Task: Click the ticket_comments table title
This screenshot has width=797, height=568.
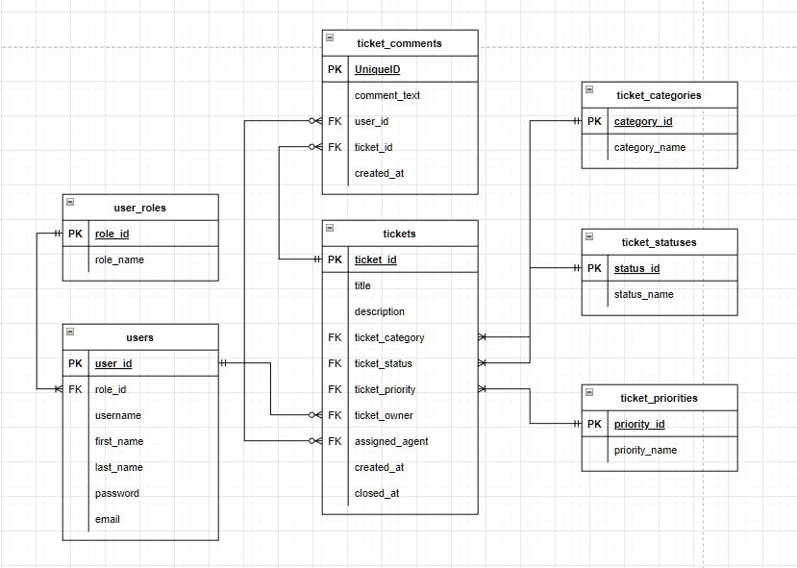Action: [x=399, y=43]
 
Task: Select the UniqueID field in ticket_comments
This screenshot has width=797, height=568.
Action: [x=377, y=69]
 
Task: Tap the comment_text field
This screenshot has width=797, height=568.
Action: [x=386, y=95]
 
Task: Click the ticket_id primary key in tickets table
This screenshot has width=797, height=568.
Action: [x=375, y=259]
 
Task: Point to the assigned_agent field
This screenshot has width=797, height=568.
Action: [x=390, y=441]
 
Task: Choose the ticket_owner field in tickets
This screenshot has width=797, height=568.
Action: [x=384, y=415]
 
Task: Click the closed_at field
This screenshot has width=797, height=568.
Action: [x=377, y=493]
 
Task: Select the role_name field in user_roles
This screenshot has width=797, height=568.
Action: [x=119, y=259]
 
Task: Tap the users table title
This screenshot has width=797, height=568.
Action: [x=139, y=337]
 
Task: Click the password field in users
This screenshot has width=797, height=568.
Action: [x=117, y=493]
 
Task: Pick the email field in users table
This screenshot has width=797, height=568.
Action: [x=108, y=519]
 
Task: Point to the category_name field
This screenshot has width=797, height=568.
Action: [x=650, y=147]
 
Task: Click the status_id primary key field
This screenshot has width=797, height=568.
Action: [x=636, y=268]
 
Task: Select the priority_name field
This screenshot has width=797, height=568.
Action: [x=645, y=450]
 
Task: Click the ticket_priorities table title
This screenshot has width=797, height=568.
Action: [x=659, y=398]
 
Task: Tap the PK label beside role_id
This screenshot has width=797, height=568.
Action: [x=75, y=234]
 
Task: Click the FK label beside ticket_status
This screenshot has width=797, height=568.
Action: [x=335, y=363]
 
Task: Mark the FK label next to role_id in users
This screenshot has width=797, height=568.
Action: [x=75, y=389]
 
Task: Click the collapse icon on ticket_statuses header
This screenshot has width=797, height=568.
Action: [x=589, y=236]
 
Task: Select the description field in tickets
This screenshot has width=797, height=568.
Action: [x=379, y=311]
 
